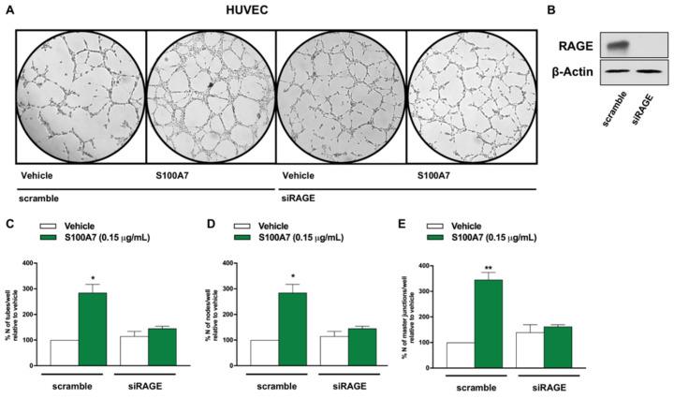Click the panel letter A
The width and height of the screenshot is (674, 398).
click(11, 9)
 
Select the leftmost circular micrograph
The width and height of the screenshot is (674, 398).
click(79, 93)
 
